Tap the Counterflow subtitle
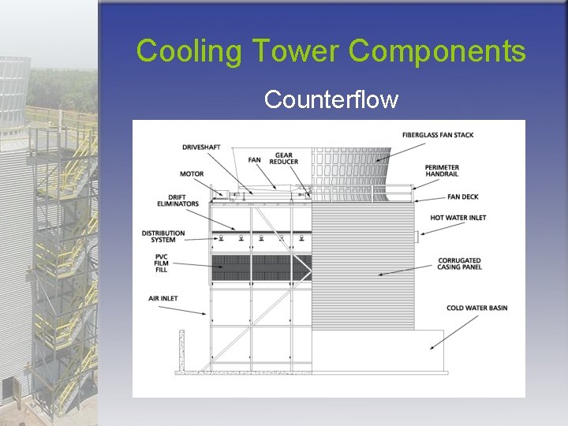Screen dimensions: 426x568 [331, 99]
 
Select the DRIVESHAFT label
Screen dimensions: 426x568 [202, 147]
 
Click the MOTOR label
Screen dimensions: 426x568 [192, 174]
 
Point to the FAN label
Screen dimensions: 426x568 [254, 160]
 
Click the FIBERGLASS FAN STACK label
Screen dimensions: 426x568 [437, 135]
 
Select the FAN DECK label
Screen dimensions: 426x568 [464, 196]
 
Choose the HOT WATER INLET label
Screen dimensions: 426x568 [458, 218]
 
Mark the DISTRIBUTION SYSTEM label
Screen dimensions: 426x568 [163, 237]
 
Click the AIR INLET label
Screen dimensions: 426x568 [163, 298]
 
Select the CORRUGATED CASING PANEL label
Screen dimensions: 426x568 [458, 263]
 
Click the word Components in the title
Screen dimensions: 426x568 [436, 51]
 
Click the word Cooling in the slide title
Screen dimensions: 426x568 [189, 51]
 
